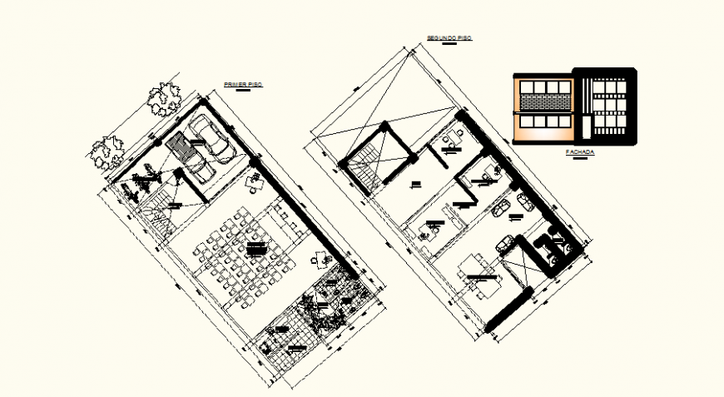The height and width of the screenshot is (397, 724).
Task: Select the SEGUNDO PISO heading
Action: (449, 38)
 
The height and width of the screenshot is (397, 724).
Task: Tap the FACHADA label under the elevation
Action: (579, 152)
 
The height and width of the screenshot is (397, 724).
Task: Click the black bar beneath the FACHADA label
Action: (579, 159)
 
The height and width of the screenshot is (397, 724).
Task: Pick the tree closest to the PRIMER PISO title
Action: (163, 99)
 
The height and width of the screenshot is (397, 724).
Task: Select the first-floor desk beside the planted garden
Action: (320, 260)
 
